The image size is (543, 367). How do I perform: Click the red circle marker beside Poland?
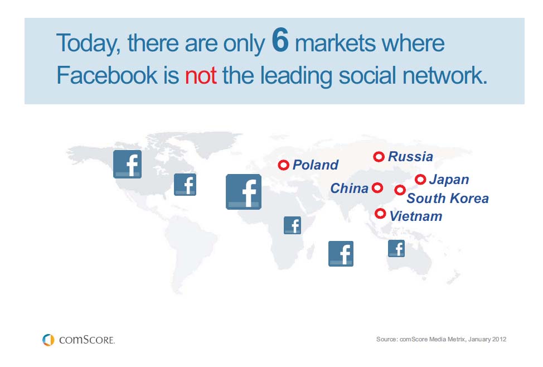pyautogui.click(x=283, y=165)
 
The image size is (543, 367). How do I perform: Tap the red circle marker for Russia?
pyautogui.click(x=379, y=157)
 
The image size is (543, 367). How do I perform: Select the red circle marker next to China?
pyautogui.click(x=377, y=188)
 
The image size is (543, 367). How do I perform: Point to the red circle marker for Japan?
pyautogui.click(x=420, y=180)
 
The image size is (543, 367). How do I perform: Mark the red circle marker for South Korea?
pyautogui.click(x=399, y=190)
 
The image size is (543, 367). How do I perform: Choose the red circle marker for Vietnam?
pyautogui.click(x=380, y=213)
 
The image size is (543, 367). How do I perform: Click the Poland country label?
pyautogui.click(x=315, y=165)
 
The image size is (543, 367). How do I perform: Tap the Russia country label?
pyautogui.click(x=410, y=157)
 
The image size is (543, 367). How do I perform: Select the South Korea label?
pyautogui.click(x=448, y=199)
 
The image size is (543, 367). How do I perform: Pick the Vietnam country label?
pyautogui.click(x=415, y=216)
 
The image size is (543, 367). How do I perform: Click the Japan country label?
pyautogui.click(x=449, y=180)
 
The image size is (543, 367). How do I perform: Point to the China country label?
pyautogui.click(x=350, y=189)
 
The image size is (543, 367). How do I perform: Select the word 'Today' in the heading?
pyautogui.click(x=87, y=44)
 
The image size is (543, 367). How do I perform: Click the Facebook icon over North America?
pyautogui.click(x=127, y=164)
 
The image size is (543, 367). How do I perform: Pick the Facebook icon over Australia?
pyautogui.click(x=396, y=248)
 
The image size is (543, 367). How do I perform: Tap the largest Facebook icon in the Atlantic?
pyautogui.click(x=244, y=192)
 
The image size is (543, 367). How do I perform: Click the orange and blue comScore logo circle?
pyautogui.click(x=49, y=339)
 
